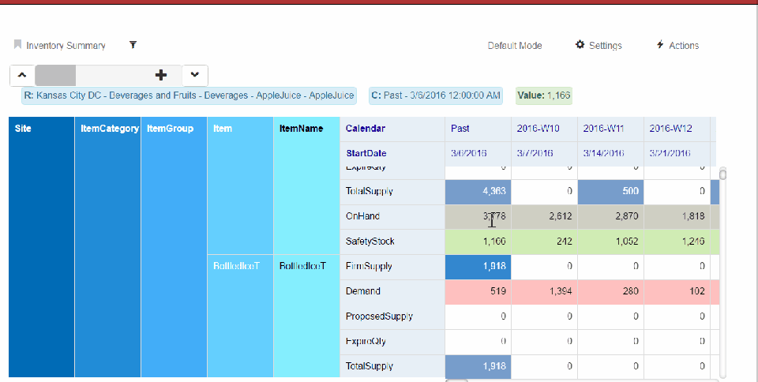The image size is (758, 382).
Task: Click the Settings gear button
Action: [x=599, y=46]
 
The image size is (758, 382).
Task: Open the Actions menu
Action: [x=677, y=46]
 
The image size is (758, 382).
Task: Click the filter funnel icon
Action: [x=133, y=45]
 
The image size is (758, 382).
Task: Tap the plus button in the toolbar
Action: [x=161, y=75]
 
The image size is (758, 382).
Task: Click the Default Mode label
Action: [x=515, y=46]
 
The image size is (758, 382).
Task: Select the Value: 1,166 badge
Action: [x=544, y=95]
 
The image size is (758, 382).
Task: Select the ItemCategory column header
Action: [x=109, y=129]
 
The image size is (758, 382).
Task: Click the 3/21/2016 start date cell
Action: [x=670, y=153]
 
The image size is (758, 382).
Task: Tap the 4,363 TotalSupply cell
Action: [x=478, y=192]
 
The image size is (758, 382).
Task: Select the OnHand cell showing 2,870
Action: [x=610, y=216]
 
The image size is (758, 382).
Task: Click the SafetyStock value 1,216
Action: [x=677, y=242]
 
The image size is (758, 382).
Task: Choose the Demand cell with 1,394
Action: [x=544, y=291]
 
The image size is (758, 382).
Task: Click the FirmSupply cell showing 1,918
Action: [x=478, y=267]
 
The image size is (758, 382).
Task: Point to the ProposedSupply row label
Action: [x=379, y=316]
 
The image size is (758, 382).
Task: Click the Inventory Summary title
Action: [x=66, y=46]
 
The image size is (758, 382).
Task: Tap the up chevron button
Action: [x=22, y=75]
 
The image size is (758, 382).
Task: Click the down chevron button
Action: [x=195, y=75]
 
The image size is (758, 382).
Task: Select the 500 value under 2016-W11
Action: [x=610, y=192]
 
